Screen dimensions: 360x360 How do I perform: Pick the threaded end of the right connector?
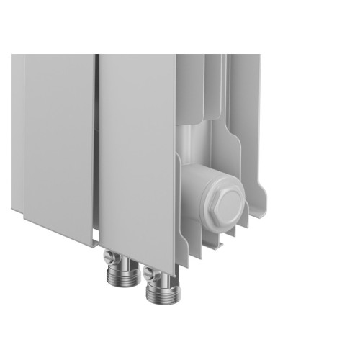pyautogui.click(x=159, y=291)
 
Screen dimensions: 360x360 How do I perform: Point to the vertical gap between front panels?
pyautogui.click(x=96, y=144)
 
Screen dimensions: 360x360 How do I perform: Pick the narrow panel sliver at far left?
pyautogui.click(x=17, y=130)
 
